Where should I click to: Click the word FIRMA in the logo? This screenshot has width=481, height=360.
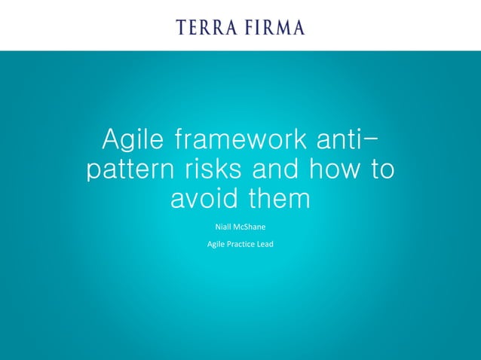pyautogui.click(x=272, y=28)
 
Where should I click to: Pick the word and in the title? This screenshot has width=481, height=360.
pyautogui.click(x=281, y=169)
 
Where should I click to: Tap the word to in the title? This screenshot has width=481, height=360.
pyautogui.click(x=381, y=169)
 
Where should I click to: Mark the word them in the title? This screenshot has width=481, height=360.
pyautogui.click(x=280, y=199)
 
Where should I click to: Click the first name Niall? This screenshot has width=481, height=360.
pyautogui.click(x=224, y=226)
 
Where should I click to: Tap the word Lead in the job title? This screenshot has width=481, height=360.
pyautogui.click(x=265, y=244)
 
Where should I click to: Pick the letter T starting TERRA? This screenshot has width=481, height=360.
pyautogui.click(x=182, y=28)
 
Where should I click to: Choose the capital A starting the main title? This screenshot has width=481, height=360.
pyautogui.click(x=112, y=140)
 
